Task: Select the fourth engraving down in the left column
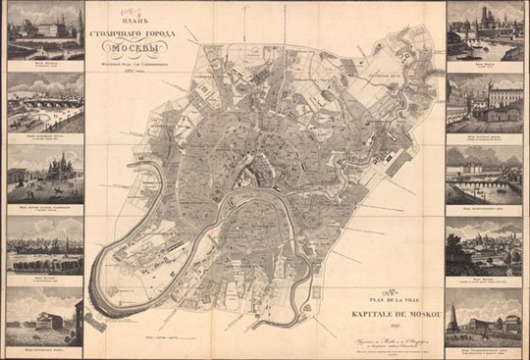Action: pos(45,244)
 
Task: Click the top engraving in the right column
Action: pos(484,29)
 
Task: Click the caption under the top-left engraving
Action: pos(45,63)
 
